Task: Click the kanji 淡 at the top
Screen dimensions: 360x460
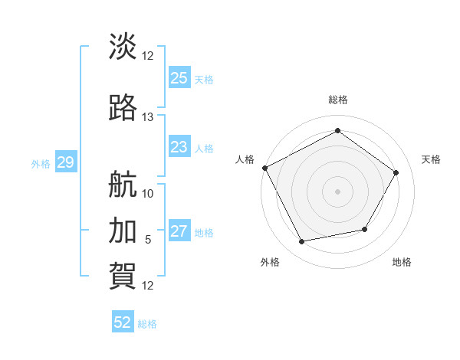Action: [x=123, y=47]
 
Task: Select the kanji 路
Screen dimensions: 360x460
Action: [x=123, y=108]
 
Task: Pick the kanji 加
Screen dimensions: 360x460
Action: [x=123, y=231]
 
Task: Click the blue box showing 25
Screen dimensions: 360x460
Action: [x=179, y=78]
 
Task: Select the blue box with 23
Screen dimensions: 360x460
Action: [x=179, y=147]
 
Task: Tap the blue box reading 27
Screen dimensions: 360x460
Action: [x=179, y=232]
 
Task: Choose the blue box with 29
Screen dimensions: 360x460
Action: [x=65, y=162]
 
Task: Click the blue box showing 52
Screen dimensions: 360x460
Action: [x=123, y=322]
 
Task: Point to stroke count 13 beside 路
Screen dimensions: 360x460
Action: [x=148, y=117]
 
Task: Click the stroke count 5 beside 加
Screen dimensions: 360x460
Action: [x=148, y=240]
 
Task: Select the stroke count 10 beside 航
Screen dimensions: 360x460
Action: [x=148, y=193]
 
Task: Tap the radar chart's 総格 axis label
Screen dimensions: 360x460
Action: [x=338, y=100]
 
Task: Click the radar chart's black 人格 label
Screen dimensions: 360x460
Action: [x=245, y=159]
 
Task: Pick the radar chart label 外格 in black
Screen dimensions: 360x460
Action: [x=270, y=262]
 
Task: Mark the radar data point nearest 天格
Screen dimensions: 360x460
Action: [x=396, y=172]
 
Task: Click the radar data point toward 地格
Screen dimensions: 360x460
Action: [x=365, y=229]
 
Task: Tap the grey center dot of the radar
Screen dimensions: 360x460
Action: [x=337, y=191]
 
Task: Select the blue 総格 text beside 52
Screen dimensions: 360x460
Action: [x=147, y=324]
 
